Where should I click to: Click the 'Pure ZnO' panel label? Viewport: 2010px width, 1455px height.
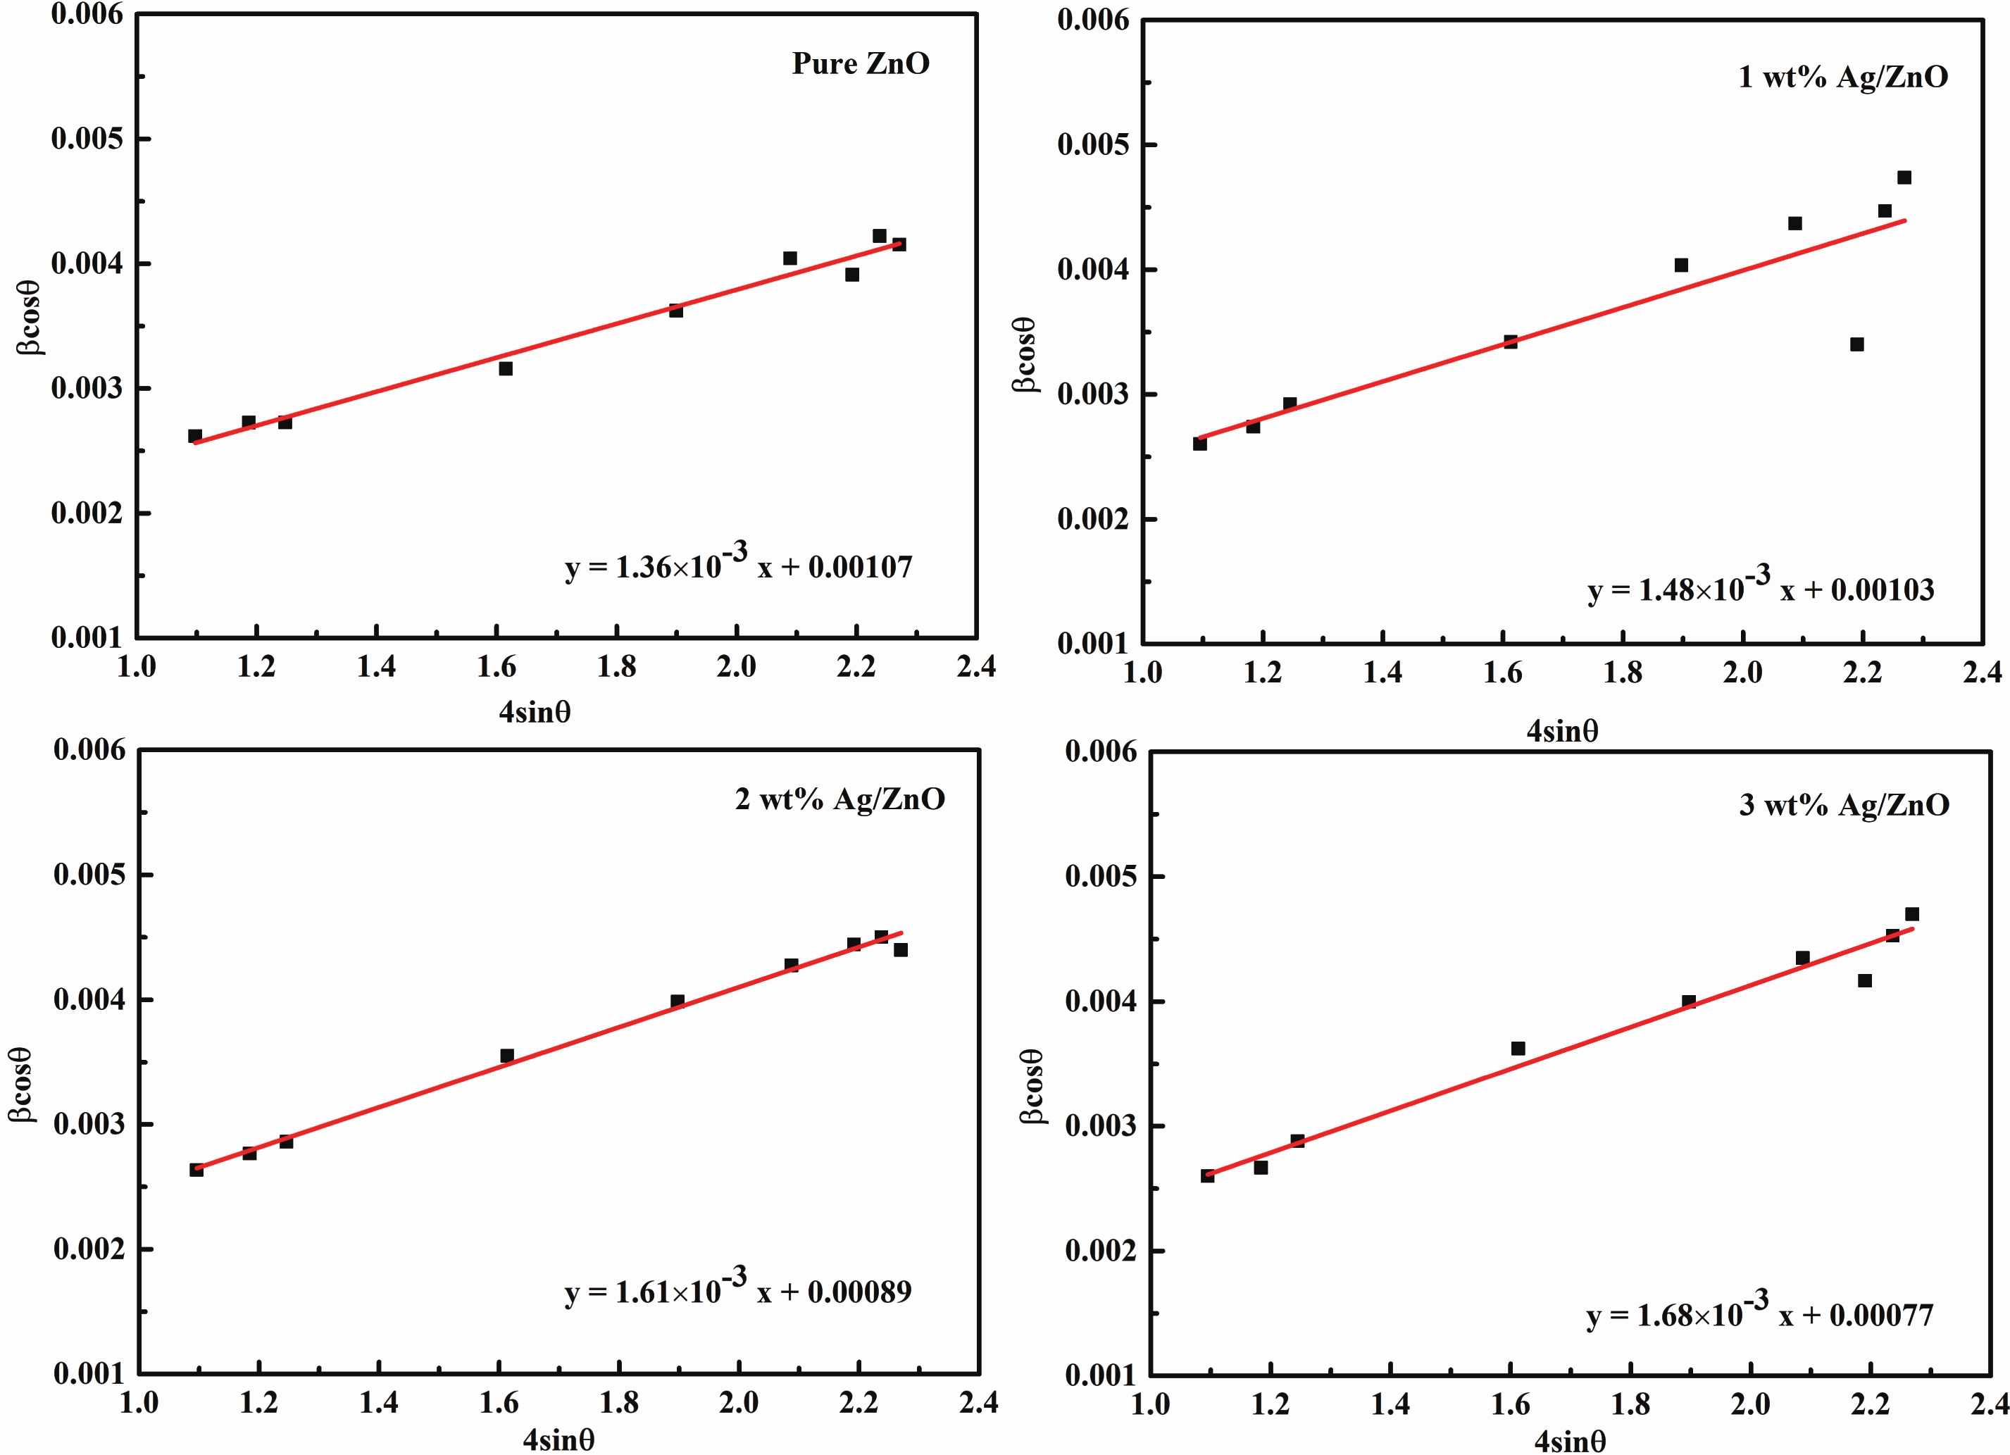pos(860,64)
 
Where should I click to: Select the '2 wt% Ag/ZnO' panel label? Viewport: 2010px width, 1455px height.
pos(839,799)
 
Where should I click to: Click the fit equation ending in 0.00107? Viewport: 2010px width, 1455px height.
pos(738,564)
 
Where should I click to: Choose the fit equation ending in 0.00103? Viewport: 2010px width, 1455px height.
pos(1760,587)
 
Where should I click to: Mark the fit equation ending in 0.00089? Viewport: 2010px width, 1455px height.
pos(738,1289)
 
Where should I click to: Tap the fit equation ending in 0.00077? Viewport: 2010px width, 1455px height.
pos(1759,1313)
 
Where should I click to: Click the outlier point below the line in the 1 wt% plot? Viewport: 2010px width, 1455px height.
pos(1856,344)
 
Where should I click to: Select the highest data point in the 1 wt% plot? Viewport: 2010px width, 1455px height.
pos(1904,177)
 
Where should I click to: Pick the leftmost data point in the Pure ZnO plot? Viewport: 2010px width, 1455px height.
pos(195,436)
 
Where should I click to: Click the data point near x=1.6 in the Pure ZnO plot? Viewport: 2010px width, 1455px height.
pos(505,368)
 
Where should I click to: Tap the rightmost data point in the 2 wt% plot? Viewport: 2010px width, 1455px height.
pos(901,950)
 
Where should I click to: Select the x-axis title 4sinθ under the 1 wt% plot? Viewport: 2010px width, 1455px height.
pos(1561,731)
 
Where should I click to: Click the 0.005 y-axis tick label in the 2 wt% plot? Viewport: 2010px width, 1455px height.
pos(89,875)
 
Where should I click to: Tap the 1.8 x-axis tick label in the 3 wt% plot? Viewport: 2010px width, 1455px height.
pos(1630,1404)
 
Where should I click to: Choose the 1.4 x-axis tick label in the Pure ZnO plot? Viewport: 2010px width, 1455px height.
pos(376,667)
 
